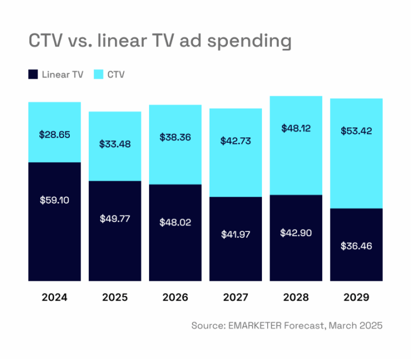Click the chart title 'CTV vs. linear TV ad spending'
[x=160, y=41]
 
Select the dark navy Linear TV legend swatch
[x=33, y=75]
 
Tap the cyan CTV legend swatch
[x=99, y=75]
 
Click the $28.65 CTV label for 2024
[x=55, y=134]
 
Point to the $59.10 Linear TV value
[x=55, y=200]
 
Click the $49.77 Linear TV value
[x=115, y=218]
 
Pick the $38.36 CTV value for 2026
[x=176, y=137]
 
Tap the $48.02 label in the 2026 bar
[x=176, y=223]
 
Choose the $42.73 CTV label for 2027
[x=236, y=141]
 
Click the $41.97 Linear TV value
[x=236, y=234]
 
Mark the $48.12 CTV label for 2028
[x=297, y=127]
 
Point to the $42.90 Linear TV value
[x=297, y=233]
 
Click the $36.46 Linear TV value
[x=356, y=245]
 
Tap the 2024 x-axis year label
[x=55, y=297]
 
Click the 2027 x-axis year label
[x=236, y=297]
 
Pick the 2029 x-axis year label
[x=356, y=297]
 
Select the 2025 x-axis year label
[x=115, y=297]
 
